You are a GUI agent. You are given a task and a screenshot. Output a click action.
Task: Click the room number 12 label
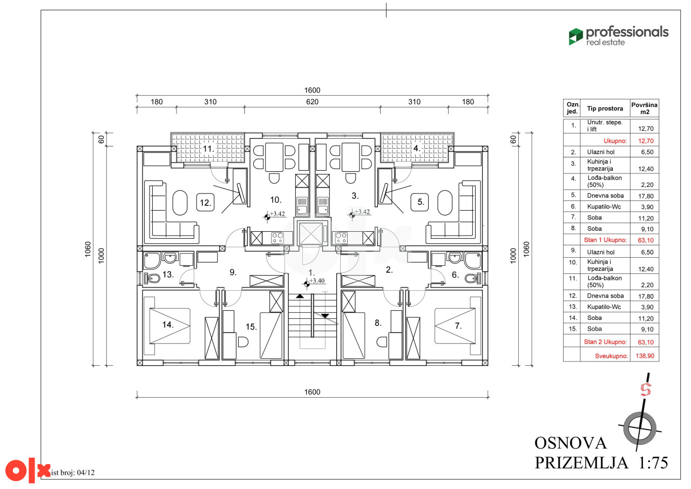(206, 203)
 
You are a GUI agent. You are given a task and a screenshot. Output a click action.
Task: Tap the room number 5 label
(420, 202)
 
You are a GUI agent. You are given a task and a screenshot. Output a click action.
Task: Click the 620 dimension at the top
(312, 102)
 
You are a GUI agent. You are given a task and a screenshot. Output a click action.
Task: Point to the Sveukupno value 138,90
(645, 356)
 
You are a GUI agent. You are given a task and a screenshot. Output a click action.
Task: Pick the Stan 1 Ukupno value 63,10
(646, 240)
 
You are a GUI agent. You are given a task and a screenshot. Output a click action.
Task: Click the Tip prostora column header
(605, 109)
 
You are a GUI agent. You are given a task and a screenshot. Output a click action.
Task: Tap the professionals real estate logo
(619, 36)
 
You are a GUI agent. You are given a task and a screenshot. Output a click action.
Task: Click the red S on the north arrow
(646, 390)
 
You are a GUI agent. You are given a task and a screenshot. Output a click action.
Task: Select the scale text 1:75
(653, 463)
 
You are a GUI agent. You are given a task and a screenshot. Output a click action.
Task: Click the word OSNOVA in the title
(571, 443)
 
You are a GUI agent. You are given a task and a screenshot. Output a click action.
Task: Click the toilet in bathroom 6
(472, 278)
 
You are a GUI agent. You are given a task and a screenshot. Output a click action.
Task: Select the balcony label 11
(208, 149)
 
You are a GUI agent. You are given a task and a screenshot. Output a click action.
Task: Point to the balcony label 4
(416, 148)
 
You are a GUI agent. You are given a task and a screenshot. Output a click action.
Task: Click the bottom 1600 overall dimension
(312, 392)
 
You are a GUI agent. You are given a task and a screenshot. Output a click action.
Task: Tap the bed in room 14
(170, 326)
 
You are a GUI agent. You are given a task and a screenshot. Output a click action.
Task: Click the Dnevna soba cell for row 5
(605, 196)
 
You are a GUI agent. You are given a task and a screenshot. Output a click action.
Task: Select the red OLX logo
(28, 471)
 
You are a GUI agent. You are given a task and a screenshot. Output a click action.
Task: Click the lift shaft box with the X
(310, 234)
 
